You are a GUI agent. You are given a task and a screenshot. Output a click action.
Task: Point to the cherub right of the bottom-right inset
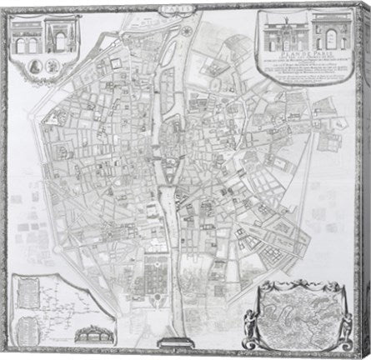340,317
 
